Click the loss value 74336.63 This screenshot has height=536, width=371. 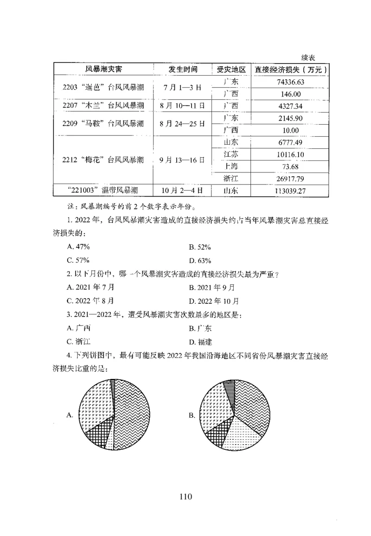(290, 82)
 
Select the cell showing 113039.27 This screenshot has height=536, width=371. (290, 190)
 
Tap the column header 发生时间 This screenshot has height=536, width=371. (183, 70)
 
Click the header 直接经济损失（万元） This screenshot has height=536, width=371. (290, 70)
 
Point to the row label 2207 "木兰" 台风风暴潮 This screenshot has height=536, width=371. (104, 106)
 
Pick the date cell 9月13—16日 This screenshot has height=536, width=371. (182, 160)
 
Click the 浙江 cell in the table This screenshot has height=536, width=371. (230, 178)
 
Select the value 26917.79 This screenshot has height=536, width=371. (290, 178)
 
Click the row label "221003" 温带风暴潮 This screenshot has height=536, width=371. (103, 190)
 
